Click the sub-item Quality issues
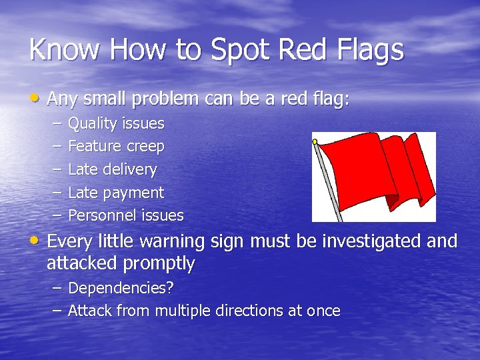coord(116,123)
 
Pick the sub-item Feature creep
coord(116,146)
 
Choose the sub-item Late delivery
coord(113,169)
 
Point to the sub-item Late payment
coord(116,193)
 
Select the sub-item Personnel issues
coord(126,215)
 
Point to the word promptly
coord(159,263)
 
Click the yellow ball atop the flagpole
coord(315,141)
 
